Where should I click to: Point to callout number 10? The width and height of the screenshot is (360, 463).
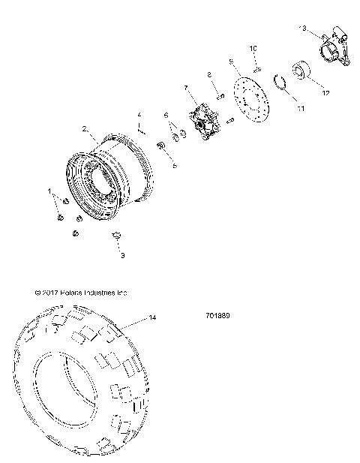[253, 48]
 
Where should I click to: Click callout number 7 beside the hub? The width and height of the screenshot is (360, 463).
[185, 88]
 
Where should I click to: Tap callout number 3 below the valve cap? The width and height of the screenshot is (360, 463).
[123, 255]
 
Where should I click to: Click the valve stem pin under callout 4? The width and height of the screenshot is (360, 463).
[140, 128]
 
